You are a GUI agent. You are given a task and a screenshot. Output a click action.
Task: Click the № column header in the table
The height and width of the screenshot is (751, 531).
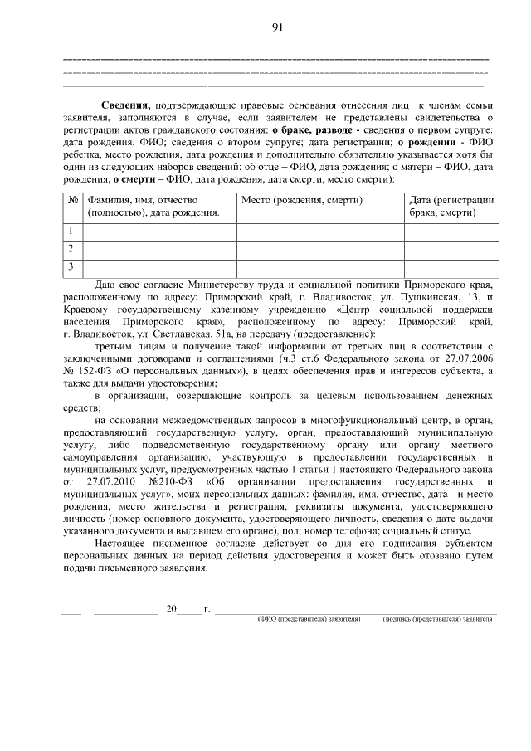[x=73, y=200]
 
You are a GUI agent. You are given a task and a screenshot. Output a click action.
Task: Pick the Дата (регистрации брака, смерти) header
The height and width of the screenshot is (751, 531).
[x=451, y=207]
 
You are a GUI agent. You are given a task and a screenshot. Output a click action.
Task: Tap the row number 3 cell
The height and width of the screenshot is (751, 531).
[x=73, y=266]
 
